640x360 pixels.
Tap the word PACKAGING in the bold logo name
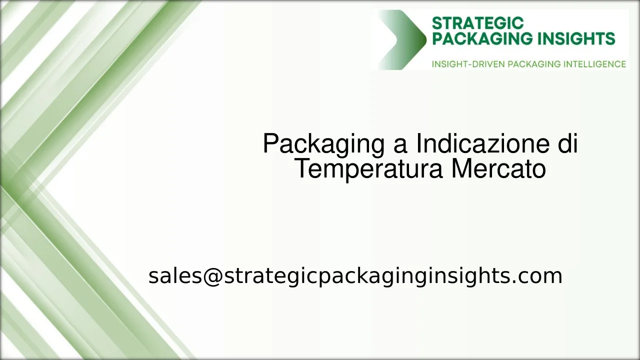473,38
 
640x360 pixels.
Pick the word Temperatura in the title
369,168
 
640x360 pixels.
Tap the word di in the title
567,144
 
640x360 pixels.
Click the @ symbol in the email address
212,276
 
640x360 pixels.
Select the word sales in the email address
175,276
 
